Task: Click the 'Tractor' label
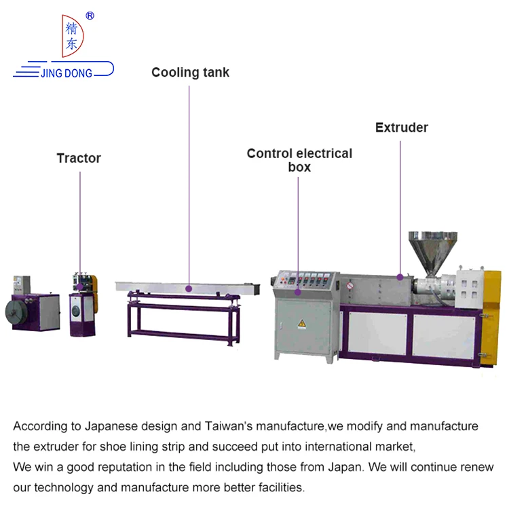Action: click(x=79, y=158)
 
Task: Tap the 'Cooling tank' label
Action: click(x=190, y=73)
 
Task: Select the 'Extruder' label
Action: click(x=402, y=128)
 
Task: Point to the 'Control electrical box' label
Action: click(x=299, y=160)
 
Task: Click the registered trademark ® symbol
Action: click(x=90, y=16)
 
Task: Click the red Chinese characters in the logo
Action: click(x=71, y=37)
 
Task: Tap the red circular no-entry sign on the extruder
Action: click(x=350, y=286)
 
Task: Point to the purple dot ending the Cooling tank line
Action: click(x=189, y=288)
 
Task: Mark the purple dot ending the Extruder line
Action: click(x=400, y=276)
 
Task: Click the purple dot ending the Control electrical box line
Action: click(x=298, y=292)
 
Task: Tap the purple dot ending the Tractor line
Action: click(x=80, y=287)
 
